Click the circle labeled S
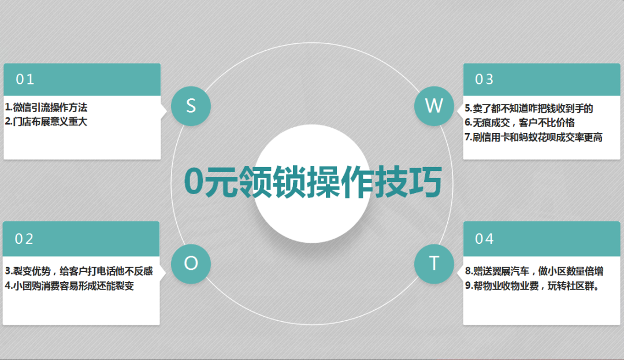click(191, 106)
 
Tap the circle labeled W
click(434, 106)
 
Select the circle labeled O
click(191, 263)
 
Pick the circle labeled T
click(434, 263)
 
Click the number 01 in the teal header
click(25, 79)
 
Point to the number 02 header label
click(24, 239)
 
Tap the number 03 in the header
click(484, 79)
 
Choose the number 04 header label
click(484, 239)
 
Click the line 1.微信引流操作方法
click(46, 107)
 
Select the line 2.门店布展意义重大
click(46, 122)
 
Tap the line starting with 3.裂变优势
click(79, 271)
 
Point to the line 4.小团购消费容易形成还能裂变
click(70, 285)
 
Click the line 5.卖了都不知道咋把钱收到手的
click(529, 109)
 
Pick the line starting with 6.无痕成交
click(520, 123)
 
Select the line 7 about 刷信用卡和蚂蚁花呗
click(534, 137)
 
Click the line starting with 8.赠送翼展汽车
click(534, 271)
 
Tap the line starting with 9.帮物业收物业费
click(533, 285)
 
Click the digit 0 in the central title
click(194, 182)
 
